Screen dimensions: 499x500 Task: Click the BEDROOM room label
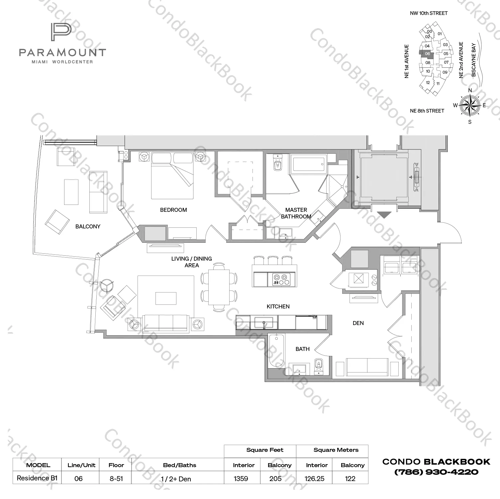pos(173,210)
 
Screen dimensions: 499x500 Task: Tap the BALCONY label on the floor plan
pos(88,226)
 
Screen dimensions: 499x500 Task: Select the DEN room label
pos(358,323)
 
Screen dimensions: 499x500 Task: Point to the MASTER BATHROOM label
pos(296,213)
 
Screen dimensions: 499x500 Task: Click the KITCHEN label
pos(278,306)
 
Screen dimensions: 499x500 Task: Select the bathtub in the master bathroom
pos(308,164)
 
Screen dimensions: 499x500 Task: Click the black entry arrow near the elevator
pos(384,215)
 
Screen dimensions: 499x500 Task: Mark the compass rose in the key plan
pos(469,106)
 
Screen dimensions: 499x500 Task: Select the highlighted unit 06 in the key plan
pos(427,54)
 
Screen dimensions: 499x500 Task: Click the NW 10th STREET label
pos(429,13)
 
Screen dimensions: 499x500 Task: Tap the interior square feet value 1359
pos(241,478)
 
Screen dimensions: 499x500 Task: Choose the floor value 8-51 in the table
pos(116,478)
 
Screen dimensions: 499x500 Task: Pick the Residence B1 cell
pos(37,478)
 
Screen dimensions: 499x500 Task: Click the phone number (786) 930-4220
pos(436,472)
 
